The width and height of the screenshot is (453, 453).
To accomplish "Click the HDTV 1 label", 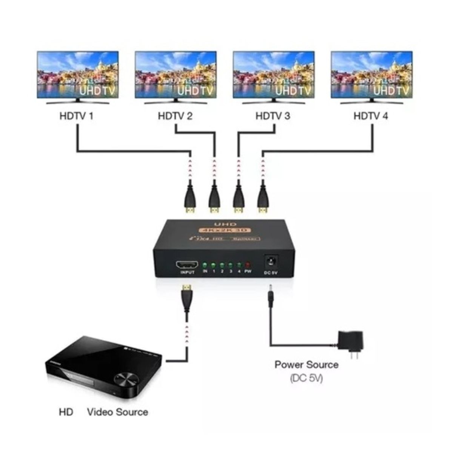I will (76, 116).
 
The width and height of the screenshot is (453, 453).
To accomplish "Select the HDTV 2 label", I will (175, 116).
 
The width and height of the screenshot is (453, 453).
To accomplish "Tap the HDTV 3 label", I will (273, 116).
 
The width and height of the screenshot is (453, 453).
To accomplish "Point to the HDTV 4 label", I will (370, 116).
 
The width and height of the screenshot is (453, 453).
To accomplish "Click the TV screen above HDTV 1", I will (78, 75).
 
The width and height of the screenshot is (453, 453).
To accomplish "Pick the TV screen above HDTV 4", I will (371, 75).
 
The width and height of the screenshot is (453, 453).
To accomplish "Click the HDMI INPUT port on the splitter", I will (187, 265).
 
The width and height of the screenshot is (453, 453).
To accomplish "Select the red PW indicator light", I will (248, 265).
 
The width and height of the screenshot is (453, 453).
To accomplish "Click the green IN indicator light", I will (205, 265).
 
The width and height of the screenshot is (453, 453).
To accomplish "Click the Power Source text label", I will (306, 365).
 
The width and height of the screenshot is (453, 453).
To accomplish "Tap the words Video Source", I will (117, 411).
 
